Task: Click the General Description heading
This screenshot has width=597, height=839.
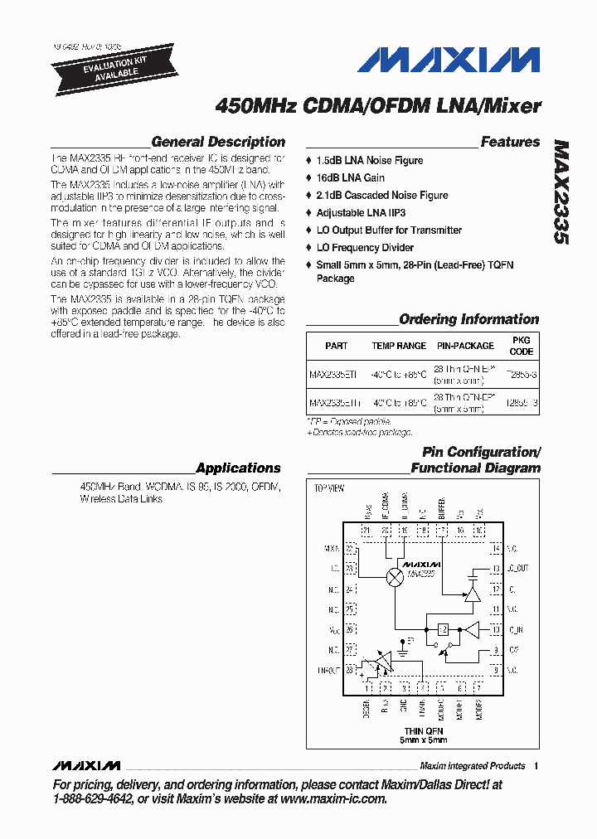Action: pos(218,142)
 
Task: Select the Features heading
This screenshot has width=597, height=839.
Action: pos(510,142)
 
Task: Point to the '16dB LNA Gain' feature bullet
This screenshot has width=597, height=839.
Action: pos(350,177)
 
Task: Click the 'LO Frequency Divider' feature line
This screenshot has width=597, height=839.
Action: pos(365,247)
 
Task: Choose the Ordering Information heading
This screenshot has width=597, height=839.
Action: pos(468,319)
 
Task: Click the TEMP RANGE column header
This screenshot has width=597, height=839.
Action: pos(399,346)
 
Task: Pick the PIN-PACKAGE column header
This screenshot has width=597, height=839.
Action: pos(465,346)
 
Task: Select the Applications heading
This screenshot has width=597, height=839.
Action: pos(238,468)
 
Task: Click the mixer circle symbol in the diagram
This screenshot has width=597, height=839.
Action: pos(396,578)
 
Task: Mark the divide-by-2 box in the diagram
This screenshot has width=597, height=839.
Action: pos(444,628)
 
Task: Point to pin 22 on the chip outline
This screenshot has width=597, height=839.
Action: pos(351,549)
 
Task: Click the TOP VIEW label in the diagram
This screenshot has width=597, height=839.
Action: pos(328,488)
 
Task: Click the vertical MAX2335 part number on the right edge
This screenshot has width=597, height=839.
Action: pos(561,191)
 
